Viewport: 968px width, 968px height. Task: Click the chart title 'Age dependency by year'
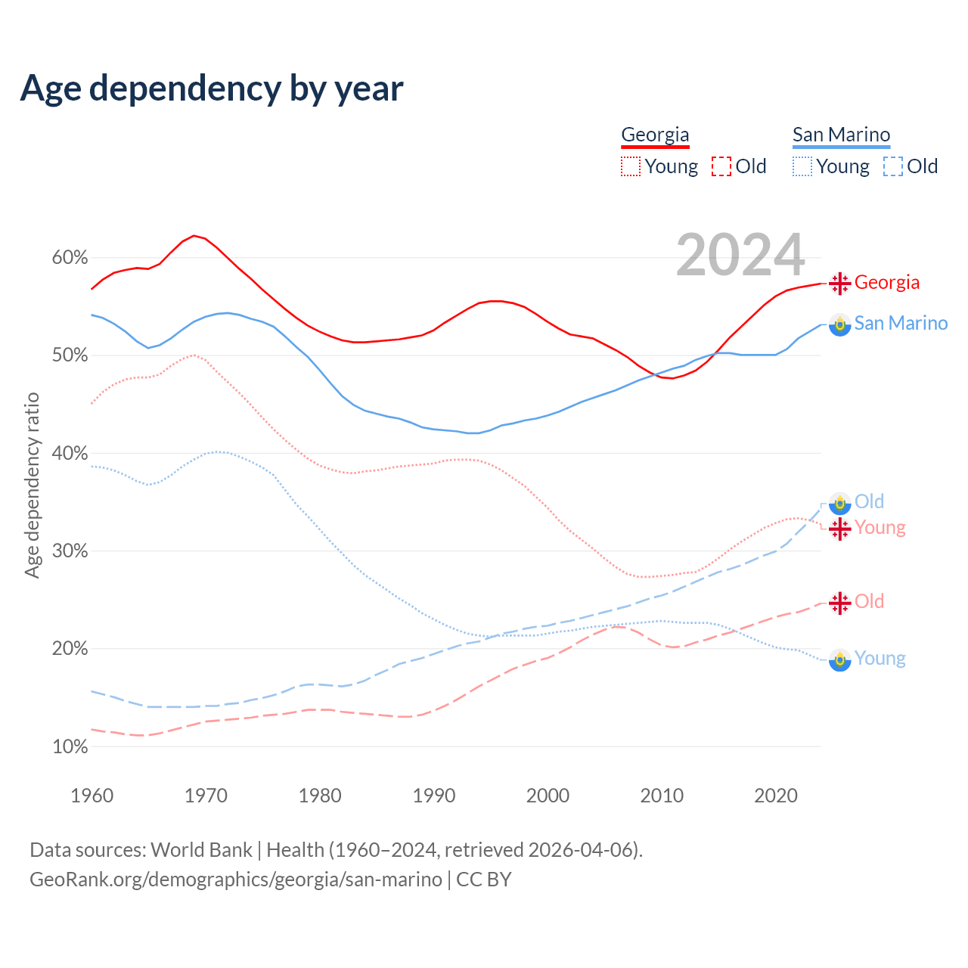click(x=212, y=88)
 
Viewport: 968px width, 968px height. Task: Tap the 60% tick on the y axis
click(x=70, y=258)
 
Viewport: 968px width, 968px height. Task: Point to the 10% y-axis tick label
click(x=70, y=747)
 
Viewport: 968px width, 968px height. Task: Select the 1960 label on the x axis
click(x=92, y=796)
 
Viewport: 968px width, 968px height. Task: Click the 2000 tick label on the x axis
click(x=548, y=796)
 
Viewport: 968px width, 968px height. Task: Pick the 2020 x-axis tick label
click(x=776, y=796)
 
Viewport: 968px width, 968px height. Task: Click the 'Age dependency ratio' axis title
click(x=32, y=485)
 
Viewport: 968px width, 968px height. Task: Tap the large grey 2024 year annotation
click(x=740, y=255)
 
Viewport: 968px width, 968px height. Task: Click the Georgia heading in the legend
click(x=655, y=135)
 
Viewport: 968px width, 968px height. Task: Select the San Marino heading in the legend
click(x=841, y=135)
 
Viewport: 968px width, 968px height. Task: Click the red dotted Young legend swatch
click(x=631, y=166)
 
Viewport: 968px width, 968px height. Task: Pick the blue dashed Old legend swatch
click(x=892, y=166)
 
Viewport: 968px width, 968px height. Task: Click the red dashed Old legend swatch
click(x=721, y=166)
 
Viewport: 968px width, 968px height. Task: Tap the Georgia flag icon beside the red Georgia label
click(x=839, y=283)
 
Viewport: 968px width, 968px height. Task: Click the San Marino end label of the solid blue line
click(x=901, y=324)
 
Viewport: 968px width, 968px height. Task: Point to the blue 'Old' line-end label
click(x=869, y=501)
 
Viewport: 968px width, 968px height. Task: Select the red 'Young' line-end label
click(x=880, y=527)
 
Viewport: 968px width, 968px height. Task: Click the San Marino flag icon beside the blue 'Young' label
click(x=839, y=659)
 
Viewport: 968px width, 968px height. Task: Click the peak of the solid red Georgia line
click(x=194, y=236)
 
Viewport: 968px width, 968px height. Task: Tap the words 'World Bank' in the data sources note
click(x=201, y=850)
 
